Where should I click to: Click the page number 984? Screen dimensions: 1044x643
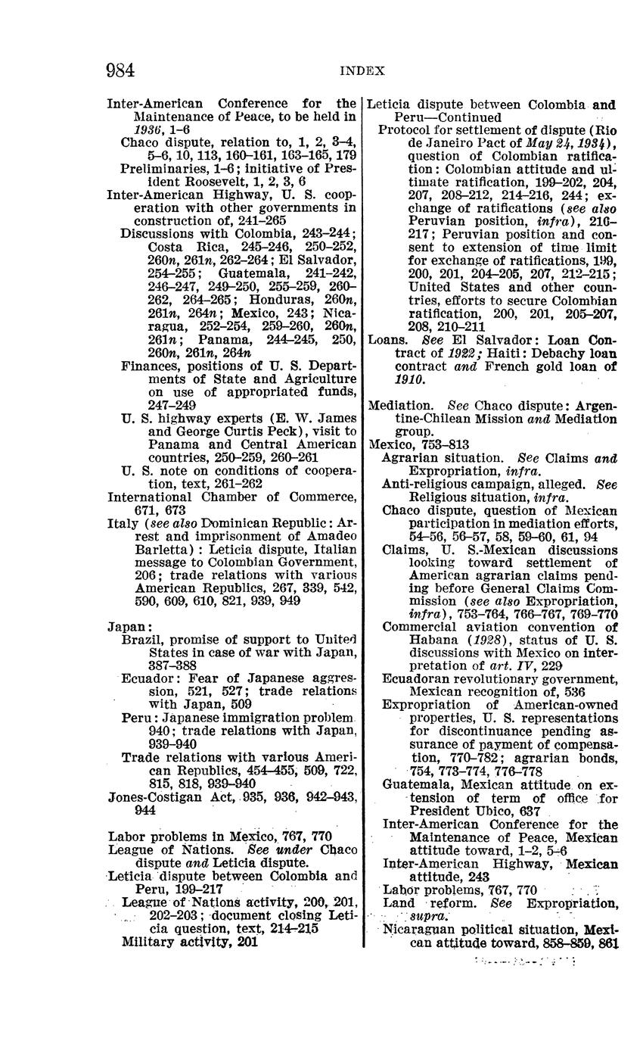click(120, 70)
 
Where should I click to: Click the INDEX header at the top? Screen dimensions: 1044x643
click(362, 71)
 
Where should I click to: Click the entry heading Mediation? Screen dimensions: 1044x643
click(398, 406)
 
